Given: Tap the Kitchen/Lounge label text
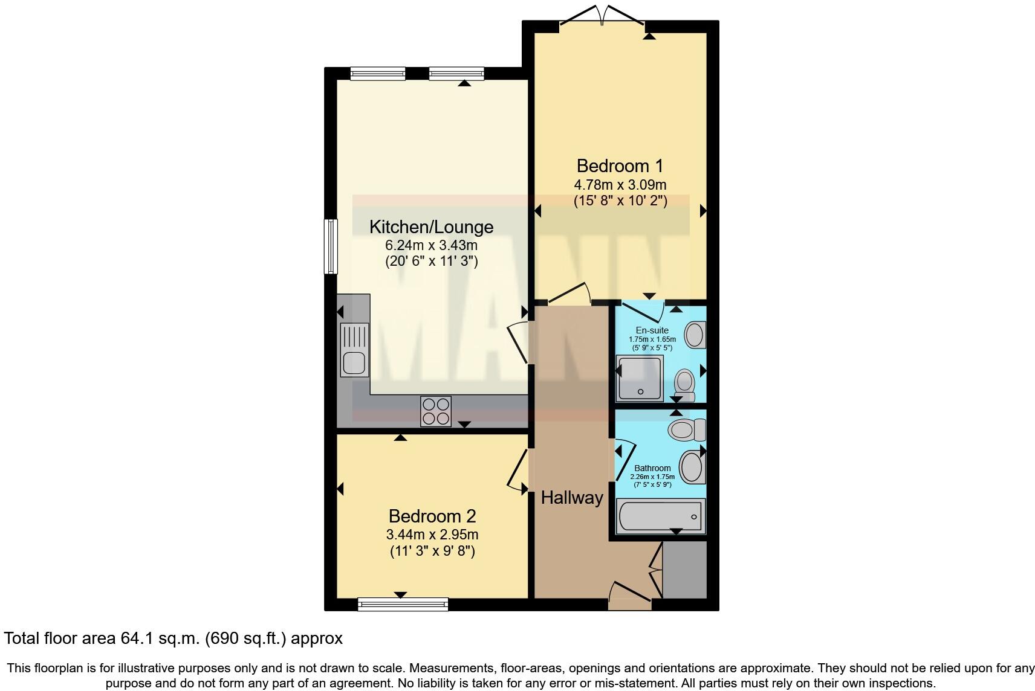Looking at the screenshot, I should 431,227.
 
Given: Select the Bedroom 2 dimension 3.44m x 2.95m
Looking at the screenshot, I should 432,535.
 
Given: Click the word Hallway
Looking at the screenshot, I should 571,498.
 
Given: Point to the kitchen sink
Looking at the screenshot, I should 354,350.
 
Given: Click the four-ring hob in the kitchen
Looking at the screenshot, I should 435,411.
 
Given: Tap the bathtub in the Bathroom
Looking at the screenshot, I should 660,516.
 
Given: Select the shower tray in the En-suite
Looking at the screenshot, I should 639,378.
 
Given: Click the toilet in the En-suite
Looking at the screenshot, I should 685,382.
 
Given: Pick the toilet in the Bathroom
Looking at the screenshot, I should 686,430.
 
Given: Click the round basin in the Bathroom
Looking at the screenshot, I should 692,467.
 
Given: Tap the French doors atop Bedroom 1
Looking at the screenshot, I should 602,18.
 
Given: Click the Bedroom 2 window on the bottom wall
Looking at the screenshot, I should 403,603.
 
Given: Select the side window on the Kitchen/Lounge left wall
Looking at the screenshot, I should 331,246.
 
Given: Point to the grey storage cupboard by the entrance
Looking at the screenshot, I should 684,570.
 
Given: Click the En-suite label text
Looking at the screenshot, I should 652,330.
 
